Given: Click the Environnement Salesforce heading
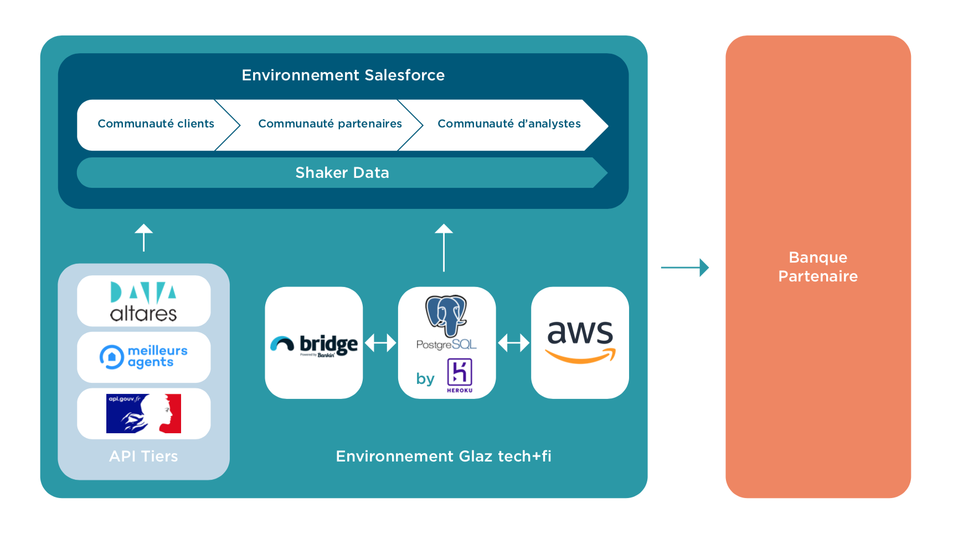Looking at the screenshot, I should point(343,75).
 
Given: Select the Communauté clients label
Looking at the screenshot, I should point(156,124).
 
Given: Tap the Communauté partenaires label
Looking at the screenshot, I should point(329,124).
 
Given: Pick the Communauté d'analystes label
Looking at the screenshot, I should point(509,124).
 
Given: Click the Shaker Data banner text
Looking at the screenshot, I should point(342,173).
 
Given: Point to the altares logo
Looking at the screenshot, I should point(143,301).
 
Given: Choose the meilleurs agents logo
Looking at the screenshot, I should point(143,357).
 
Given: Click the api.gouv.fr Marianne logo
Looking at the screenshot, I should point(143,413).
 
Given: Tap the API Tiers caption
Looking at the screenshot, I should point(143,456).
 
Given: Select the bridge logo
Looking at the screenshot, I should point(314,345).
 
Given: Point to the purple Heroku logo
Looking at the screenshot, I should point(460,374).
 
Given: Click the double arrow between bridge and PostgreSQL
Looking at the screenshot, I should point(380,343).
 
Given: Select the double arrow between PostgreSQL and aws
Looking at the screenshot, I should point(513,343).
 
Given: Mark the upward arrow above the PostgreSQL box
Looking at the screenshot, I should point(444,247).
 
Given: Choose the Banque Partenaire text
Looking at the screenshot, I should point(818,267).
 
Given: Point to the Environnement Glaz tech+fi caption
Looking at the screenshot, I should point(443,456).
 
